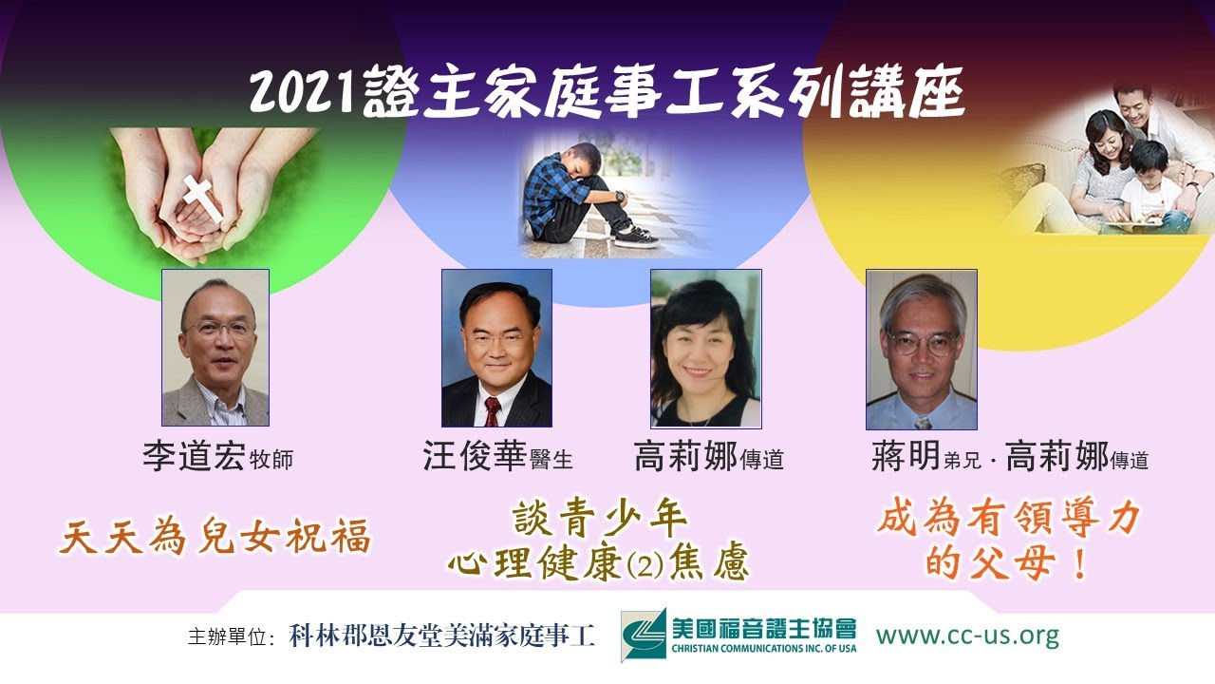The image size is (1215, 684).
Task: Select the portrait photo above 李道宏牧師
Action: (x=215, y=348)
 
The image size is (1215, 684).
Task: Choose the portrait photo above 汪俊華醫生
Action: (x=496, y=348)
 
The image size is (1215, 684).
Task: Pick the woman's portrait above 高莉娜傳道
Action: (x=705, y=348)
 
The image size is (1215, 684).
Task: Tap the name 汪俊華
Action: (x=474, y=459)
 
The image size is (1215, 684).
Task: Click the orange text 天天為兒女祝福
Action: (x=215, y=538)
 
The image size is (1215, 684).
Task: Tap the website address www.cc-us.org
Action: (x=967, y=635)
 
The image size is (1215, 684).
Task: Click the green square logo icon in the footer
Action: (x=644, y=635)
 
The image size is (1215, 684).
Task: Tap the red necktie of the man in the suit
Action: (x=492, y=410)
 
